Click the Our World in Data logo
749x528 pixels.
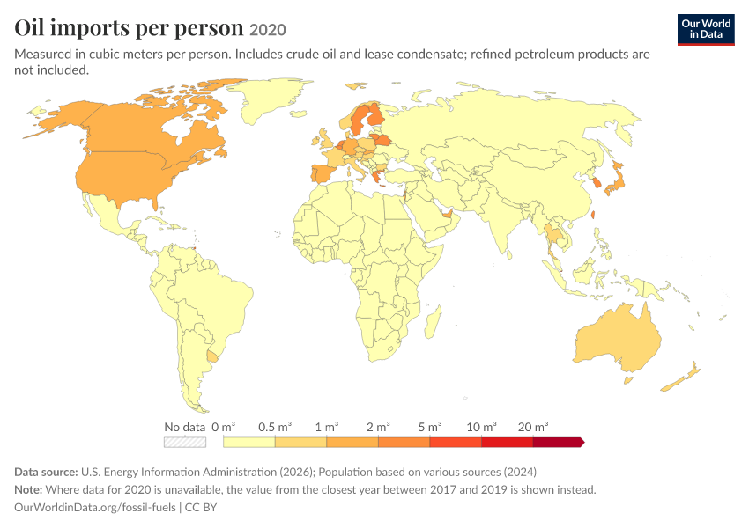pyautogui.click(x=706, y=30)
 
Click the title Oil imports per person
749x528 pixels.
pyautogui.click(x=129, y=27)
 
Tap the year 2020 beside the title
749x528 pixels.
pyautogui.click(x=268, y=30)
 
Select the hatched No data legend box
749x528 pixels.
pyautogui.click(x=185, y=442)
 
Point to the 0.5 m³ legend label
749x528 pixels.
pyautogui.click(x=275, y=427)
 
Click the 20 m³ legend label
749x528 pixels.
pyautogui.click(x=533, y=427)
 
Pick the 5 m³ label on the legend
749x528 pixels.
pyautogui.click(x=430, y=427)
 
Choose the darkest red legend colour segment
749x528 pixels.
pyautogui.click(x=559, y=442)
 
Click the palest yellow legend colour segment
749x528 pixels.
pyautogui.click(x=248, y=442)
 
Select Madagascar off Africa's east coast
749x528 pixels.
pyautogui.click(x=433, y=322)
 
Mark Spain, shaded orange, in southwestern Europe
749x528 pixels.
pyautogui.click(x=324, y=172)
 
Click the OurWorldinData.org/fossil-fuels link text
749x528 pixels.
pyautogui.click(x=95, y=507)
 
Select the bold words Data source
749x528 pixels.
pyautogui.click(x=46, y=472)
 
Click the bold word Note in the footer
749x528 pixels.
pyautogui.click(x=28, y=489)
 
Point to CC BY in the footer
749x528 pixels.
pyautogui.click(x=201, y=507)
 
